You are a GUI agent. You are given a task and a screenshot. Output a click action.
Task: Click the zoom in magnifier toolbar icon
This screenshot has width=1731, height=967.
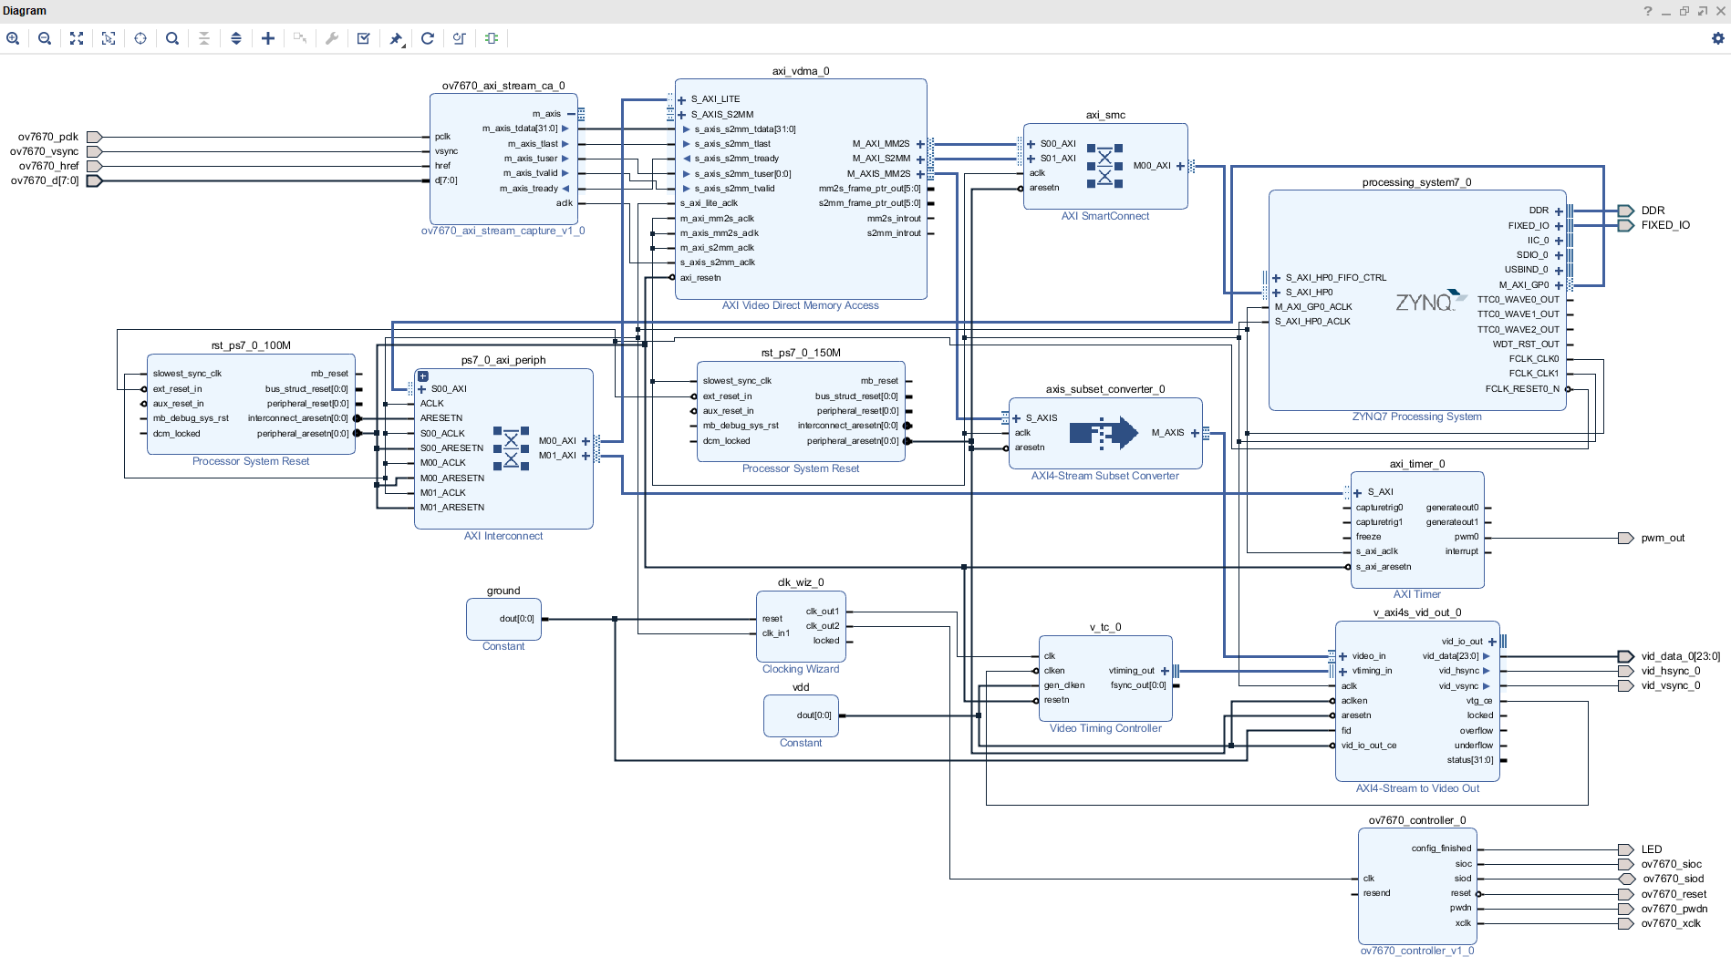[13, 38]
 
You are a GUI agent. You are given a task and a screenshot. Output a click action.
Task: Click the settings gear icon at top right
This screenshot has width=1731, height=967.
[1718, 38]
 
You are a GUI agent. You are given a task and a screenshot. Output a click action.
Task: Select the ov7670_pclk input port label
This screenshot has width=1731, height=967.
[48, 137]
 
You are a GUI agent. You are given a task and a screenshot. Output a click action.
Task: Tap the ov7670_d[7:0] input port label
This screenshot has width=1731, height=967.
[45, 180]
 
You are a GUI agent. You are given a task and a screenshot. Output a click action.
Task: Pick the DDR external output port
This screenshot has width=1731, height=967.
[1653, 211]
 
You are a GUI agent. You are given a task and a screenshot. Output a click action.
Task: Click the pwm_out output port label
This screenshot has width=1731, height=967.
[1663, 538]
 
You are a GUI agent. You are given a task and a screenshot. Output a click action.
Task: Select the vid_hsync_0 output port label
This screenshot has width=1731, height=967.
[1670, 671]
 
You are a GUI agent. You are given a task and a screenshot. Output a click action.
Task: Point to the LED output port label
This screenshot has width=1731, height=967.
[1652, 849]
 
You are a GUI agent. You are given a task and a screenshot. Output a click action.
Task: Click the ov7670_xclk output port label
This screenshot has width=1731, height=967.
[1671, 923]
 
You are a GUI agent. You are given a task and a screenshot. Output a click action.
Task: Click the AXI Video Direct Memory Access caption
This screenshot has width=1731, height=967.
[800, 305]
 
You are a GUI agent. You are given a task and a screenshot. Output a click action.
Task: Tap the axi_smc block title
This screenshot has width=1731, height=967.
[1105, 115]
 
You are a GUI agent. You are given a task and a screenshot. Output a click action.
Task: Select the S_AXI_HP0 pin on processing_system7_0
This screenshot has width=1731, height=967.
[1309, 293]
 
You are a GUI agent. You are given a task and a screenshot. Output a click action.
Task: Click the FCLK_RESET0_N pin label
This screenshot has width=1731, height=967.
[1521, 388]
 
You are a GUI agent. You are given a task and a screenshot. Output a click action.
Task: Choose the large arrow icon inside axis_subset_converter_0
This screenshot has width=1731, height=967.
[1104, 432]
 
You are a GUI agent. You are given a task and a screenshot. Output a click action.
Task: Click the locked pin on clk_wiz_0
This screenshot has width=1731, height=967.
[826, 641]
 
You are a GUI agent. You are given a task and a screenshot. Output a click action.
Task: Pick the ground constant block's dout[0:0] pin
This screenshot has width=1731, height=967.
[516, 619]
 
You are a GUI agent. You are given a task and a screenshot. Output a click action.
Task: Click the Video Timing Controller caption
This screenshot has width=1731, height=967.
[1105, 728]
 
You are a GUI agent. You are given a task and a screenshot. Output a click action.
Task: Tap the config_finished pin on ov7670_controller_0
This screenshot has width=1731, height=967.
[1441, 849]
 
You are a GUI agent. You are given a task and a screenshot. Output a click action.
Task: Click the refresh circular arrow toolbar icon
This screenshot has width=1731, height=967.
[427, 38]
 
